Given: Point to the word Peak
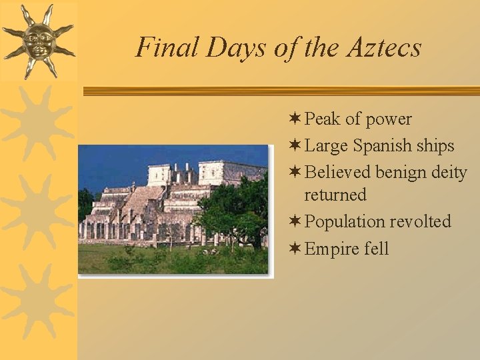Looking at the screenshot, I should pyautogui.click(x=323, y=119).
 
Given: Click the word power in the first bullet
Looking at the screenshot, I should pyautogui.click(x=388, y=119).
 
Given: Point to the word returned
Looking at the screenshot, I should pyautogui.click(x=335, y=195).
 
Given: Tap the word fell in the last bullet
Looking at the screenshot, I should pyautogui.click(x=377, y=249).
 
